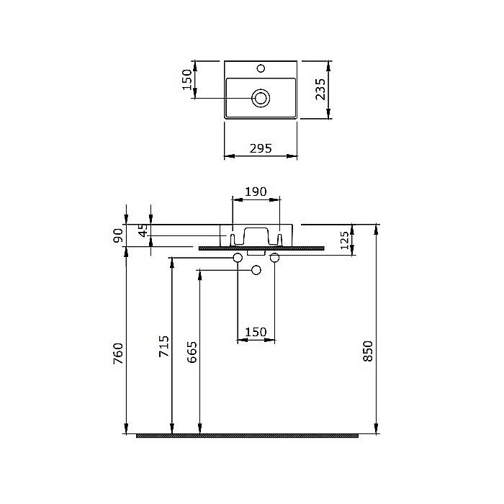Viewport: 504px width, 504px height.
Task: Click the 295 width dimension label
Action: point(260,148)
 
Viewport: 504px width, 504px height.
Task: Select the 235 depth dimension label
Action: point(321,89)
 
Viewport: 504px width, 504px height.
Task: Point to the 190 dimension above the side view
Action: point(256,192)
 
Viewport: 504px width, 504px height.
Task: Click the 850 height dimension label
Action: point(368,350)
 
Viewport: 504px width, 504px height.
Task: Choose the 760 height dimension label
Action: point(119,354)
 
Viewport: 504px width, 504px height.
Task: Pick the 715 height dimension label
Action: point(164,346)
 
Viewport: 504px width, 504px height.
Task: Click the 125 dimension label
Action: point(344,240)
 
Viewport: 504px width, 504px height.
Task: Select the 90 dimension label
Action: point(119,235)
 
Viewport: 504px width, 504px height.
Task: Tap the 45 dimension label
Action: point(143,230)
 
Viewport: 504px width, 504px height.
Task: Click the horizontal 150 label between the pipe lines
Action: point(256,332)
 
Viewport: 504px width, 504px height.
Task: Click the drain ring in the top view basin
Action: point(260,97)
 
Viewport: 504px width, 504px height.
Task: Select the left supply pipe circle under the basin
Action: point(238,258)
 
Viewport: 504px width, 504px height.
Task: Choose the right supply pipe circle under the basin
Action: point(274,258)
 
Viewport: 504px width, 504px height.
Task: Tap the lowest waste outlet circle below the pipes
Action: point(256,270)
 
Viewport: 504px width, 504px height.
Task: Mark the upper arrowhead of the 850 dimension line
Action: point(376,228)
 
